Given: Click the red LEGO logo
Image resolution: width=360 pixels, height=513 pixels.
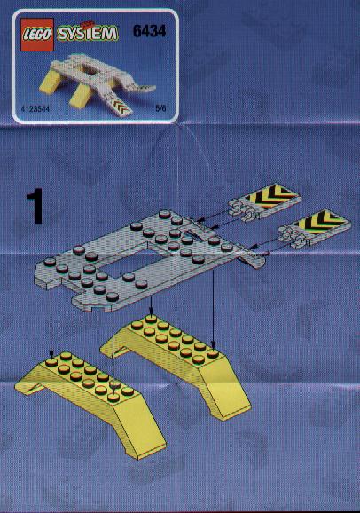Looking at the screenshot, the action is tap(37, 35).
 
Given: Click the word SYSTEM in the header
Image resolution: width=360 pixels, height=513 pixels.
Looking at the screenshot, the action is tap(87, 34).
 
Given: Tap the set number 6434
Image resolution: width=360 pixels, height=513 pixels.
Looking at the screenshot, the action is tap(150, 31).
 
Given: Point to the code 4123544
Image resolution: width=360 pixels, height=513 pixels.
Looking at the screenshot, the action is tap(35, 108).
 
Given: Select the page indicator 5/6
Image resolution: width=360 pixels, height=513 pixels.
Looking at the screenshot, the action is tap(160, 108).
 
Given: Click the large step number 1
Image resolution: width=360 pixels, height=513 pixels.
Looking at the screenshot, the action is tap(35, 206).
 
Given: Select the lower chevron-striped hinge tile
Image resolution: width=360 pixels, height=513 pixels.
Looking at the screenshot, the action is tap(314, 228).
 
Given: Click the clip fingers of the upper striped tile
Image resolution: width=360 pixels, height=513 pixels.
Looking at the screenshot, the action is tap(242, 210).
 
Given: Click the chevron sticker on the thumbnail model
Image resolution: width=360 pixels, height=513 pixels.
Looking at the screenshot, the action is tap(121, 105).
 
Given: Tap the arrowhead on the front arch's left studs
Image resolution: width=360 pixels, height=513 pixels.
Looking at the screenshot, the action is tap(51, 354).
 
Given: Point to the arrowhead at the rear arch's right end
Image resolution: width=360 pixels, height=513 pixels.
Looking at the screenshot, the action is tap(213, 346).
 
